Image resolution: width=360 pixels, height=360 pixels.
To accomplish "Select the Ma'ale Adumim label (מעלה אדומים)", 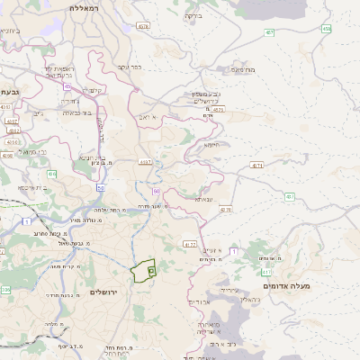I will click(313, 285).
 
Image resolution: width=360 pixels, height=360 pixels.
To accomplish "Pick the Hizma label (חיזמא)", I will click(211, 144).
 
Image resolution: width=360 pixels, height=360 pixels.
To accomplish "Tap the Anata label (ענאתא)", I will click(204, 199).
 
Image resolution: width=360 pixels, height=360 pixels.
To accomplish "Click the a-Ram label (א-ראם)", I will click(159, 117).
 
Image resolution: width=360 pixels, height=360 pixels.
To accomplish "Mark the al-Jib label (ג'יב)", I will click(38, 113).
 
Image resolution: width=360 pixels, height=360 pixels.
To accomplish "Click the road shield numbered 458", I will click(326, 29).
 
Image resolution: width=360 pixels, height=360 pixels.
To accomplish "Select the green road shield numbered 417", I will click(289, 196).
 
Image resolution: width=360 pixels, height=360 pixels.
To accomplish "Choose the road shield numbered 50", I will click(100, 187).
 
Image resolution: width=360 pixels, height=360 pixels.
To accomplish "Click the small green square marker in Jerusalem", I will click(151, 270).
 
